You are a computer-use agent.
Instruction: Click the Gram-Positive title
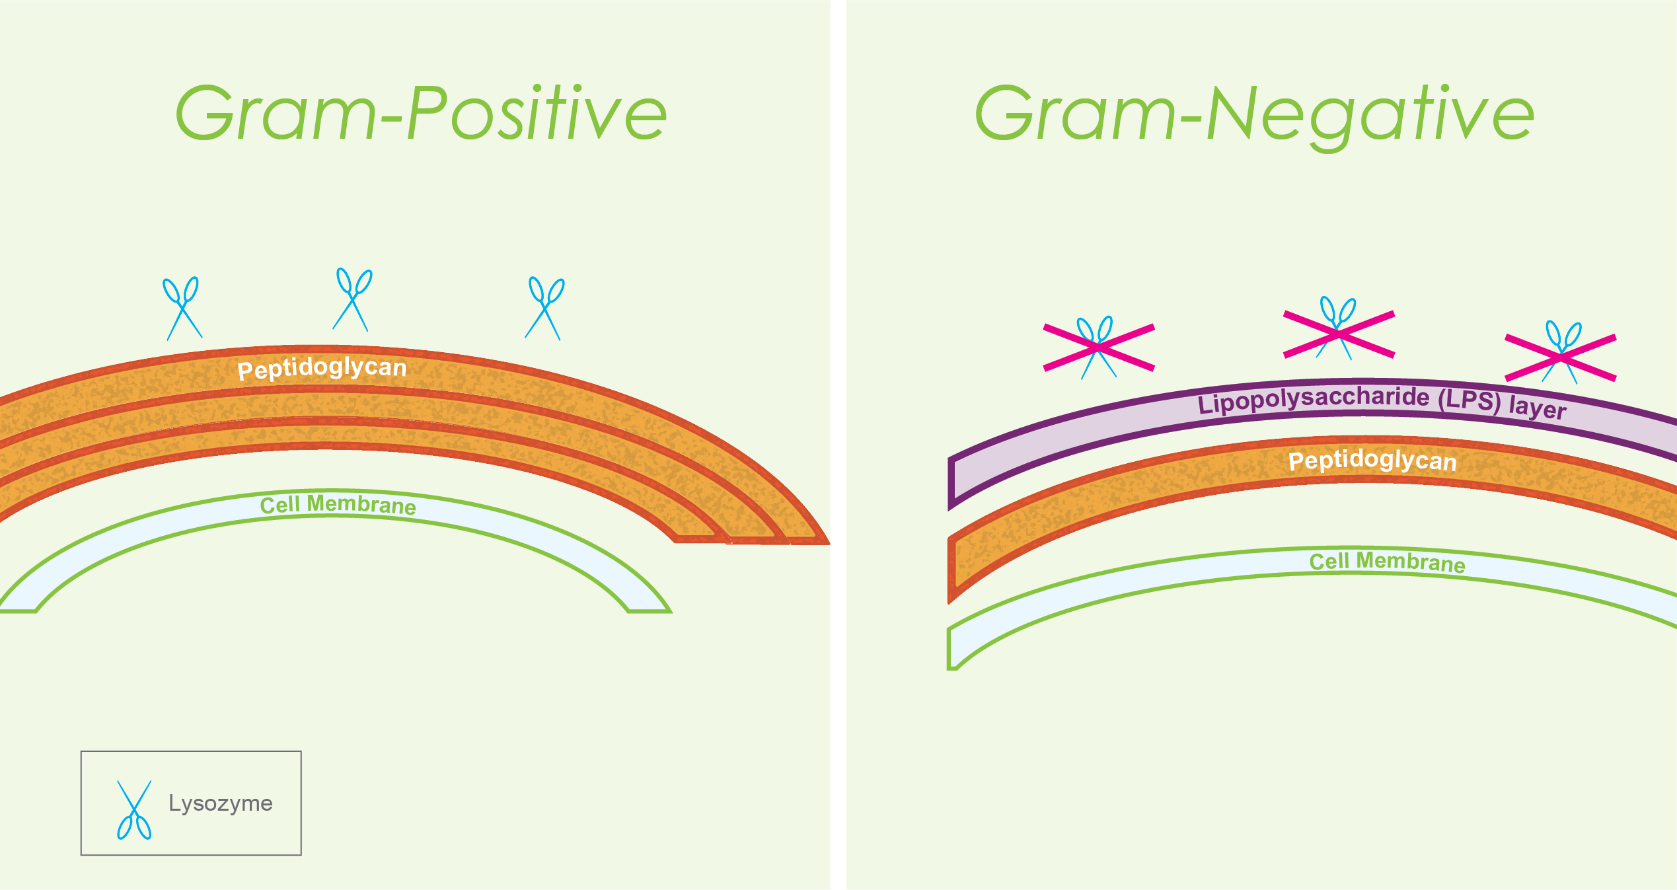[421, 113]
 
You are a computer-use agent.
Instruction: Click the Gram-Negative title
[1253, 114]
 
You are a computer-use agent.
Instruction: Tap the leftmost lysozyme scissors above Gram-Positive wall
[183, 308]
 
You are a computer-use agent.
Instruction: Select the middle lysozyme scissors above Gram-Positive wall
[352, 299]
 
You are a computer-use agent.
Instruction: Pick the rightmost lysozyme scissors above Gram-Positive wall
[544, 309]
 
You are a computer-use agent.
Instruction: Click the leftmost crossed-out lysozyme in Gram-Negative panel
[1098, 348]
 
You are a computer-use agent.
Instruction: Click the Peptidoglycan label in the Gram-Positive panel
[322, 368]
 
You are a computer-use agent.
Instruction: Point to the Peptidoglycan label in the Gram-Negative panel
[1372, 461]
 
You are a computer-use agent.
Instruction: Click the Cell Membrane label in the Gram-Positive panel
[338, 505]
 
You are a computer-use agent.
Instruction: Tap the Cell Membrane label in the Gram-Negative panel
[1387, 562]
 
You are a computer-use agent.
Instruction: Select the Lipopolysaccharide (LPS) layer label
[1381, 401]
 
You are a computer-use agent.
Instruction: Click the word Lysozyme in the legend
[220, 803]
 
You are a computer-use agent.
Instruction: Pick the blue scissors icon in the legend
[134, 810]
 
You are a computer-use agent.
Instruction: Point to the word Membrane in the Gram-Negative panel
[1410, 562]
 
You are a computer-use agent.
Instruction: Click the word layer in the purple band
[1537, 408]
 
